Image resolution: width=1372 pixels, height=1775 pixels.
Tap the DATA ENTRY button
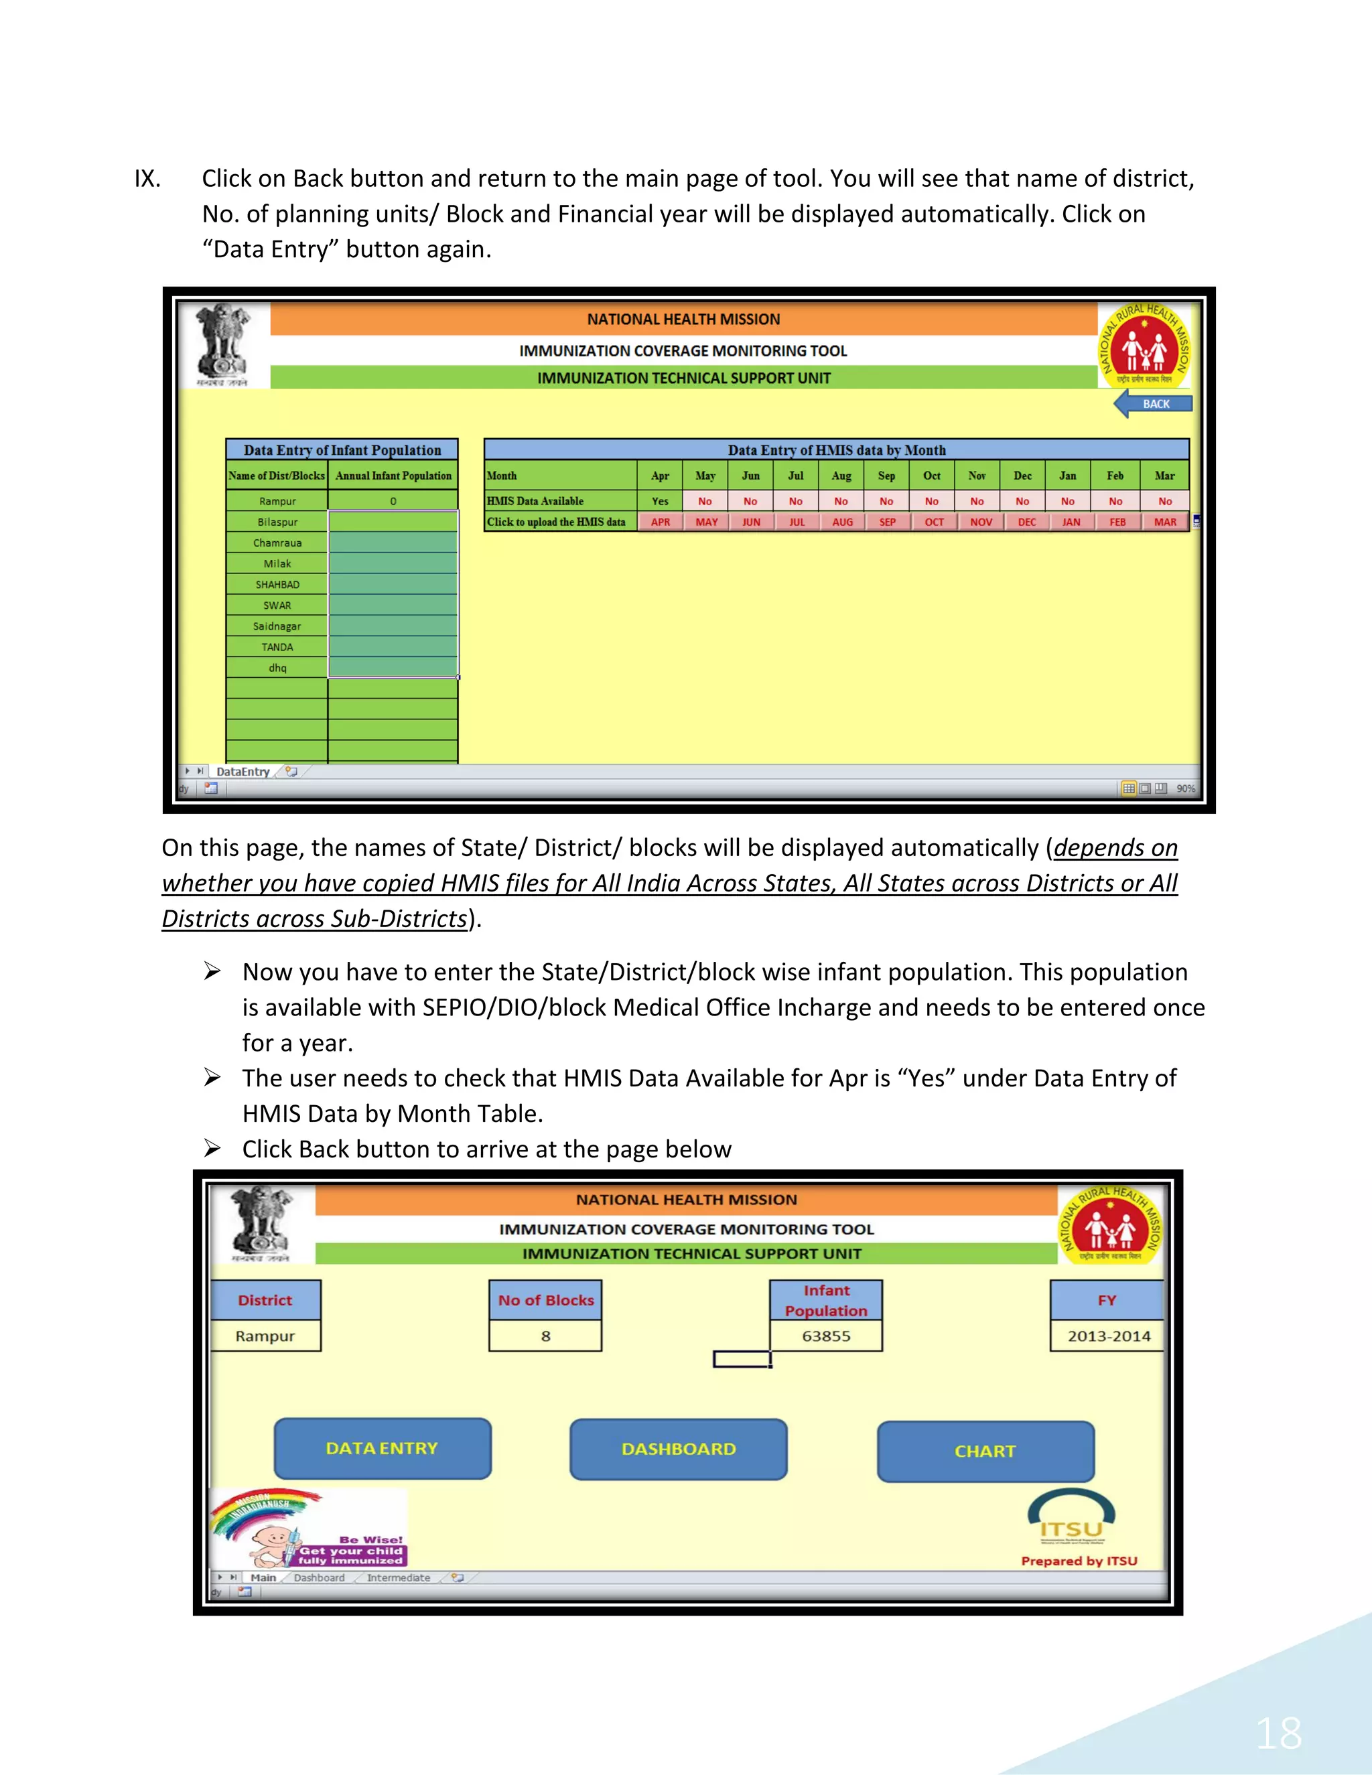coord(382,1448)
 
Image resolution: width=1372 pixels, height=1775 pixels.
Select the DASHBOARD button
coord(679,1449)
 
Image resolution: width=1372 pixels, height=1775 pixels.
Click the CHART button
coord(985,1451)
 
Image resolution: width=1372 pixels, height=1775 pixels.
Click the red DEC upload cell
coord(1026,522)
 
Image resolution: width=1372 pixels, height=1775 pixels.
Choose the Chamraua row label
coord(277,543)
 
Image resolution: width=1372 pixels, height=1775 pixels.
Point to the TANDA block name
coord(277,647)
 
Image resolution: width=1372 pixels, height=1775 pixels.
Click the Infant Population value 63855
coord(826,1336)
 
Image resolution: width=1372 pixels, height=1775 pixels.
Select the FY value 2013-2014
coord(1109,1336)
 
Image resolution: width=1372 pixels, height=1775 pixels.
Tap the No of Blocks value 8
coord(545,1336)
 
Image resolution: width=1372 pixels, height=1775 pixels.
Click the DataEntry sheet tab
coord(243,771)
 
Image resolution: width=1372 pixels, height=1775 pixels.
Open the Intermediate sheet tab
coord(399,1577)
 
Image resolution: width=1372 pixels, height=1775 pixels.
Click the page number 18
coord(1278,1734)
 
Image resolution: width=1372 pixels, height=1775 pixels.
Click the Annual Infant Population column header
coord(393,476)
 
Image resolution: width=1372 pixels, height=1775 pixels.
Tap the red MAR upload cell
coord(1165,522)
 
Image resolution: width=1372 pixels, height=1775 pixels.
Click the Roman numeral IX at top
coord(147,179)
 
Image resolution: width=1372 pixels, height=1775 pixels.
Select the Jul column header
coord(796,476)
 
